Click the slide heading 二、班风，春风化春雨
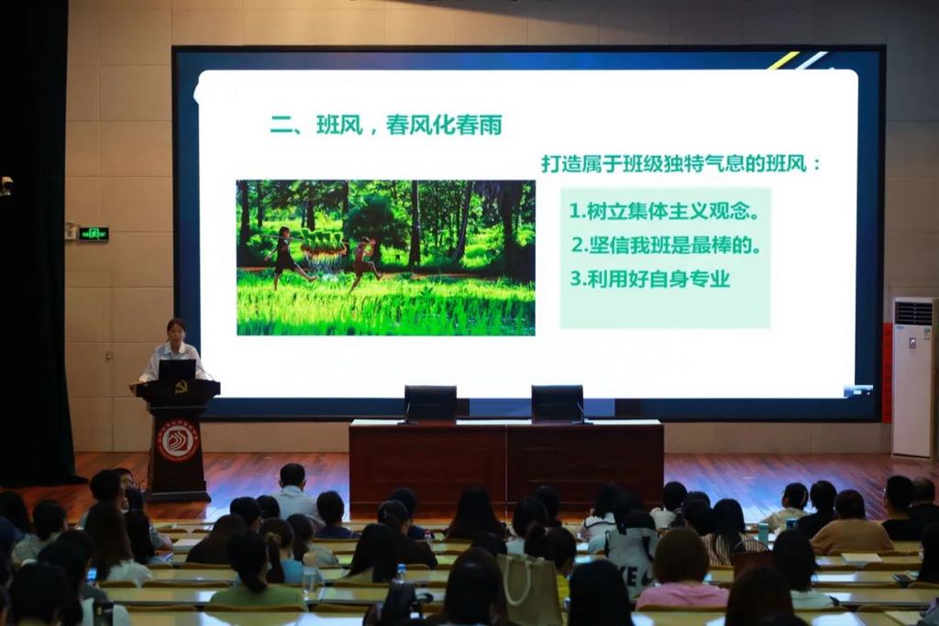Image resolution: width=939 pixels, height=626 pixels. tap(386, 125)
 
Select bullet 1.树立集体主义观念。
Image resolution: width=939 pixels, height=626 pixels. tap(664, 211)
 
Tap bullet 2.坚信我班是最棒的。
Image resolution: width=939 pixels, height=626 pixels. tap(666, 245)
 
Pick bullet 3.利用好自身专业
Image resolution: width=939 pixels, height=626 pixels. tap(650, 279)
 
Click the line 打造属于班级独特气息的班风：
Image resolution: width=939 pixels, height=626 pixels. tap(681, 163)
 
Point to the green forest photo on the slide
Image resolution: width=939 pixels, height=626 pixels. tap(386, 258)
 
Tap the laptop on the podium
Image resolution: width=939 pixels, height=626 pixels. tap(177, 370)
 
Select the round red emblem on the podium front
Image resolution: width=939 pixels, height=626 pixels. tap(178, 441)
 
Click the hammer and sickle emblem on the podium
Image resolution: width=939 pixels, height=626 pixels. tap(181, 388)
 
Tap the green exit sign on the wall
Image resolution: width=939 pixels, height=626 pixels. tap(94, 234)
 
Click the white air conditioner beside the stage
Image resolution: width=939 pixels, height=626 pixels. tap(913, 378)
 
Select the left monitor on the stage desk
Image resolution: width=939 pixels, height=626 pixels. tap(430, 403)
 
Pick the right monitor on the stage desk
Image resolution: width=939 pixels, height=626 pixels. tap(557, 403)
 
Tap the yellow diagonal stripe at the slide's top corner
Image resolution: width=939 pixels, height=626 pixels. tap(784, 60)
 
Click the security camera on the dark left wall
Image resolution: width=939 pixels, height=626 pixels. tap(6, 185)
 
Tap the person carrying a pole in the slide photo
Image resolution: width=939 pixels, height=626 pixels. tap(287, 258)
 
